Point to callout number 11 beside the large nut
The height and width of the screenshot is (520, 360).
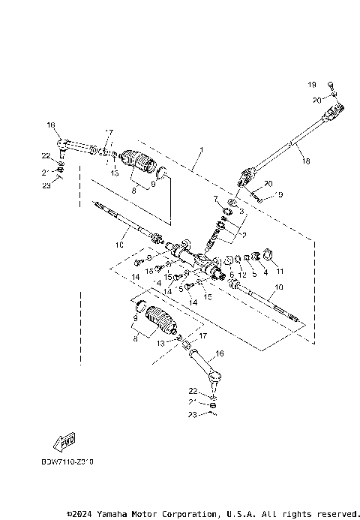[280, 272]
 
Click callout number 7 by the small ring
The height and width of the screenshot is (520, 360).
[215, 198]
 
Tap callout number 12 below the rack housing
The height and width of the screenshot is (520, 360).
[242, 275]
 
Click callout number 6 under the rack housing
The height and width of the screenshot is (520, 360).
[231, 275]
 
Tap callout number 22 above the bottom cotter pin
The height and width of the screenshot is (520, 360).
[193, 392]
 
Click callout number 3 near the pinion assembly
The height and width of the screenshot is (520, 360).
[242, 213]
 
